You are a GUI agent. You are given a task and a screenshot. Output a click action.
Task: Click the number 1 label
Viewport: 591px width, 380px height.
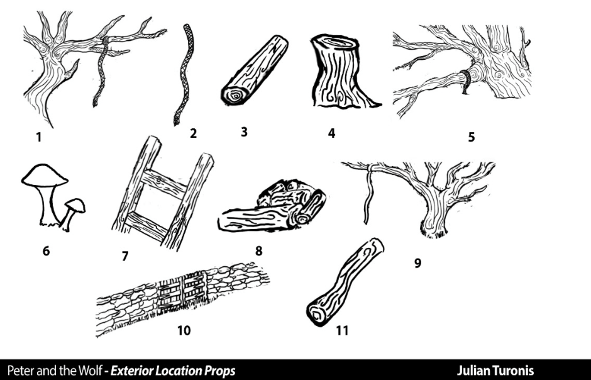39,135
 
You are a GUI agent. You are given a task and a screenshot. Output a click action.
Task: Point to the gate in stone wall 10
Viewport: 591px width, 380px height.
182,291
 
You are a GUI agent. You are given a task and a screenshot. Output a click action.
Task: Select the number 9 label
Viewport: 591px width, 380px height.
417,263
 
